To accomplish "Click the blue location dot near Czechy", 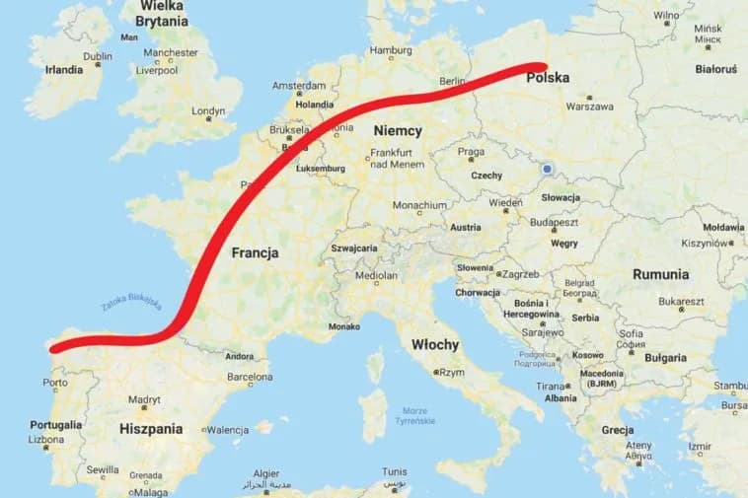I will pyautogui.click(x=547, y=169).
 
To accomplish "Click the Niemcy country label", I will pyautogui.click(x=398, y=130).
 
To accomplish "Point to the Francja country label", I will pyautogui.click(x=255, y=252).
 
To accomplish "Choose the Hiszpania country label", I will pyautogui.click(x=151, y=429).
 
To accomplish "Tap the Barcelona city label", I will pyautogui.click(x=249, y=376).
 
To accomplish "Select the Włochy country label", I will pyautogui.click(x=435, y=344).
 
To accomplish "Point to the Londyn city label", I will pyautogui.click(x=208, y=111).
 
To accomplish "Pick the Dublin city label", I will pyautogui.click(x=98, y=57).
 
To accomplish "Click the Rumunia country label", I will pyautogui.click(x=661, y=274).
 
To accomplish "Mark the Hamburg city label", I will pyautogui.click(x=390, y=50).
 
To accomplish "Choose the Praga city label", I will pyautogui.click(x=470, y=152).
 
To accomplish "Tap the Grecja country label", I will pyautogui.click(x=618, y=430).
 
